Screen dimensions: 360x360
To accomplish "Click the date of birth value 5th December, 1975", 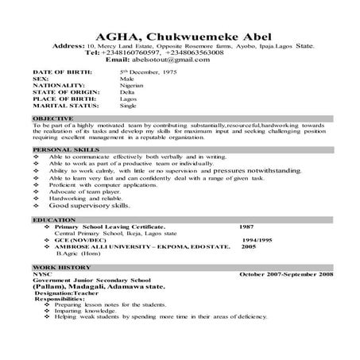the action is click(x=151, y=72).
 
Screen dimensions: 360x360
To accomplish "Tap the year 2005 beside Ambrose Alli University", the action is click(x=249, y=246).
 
